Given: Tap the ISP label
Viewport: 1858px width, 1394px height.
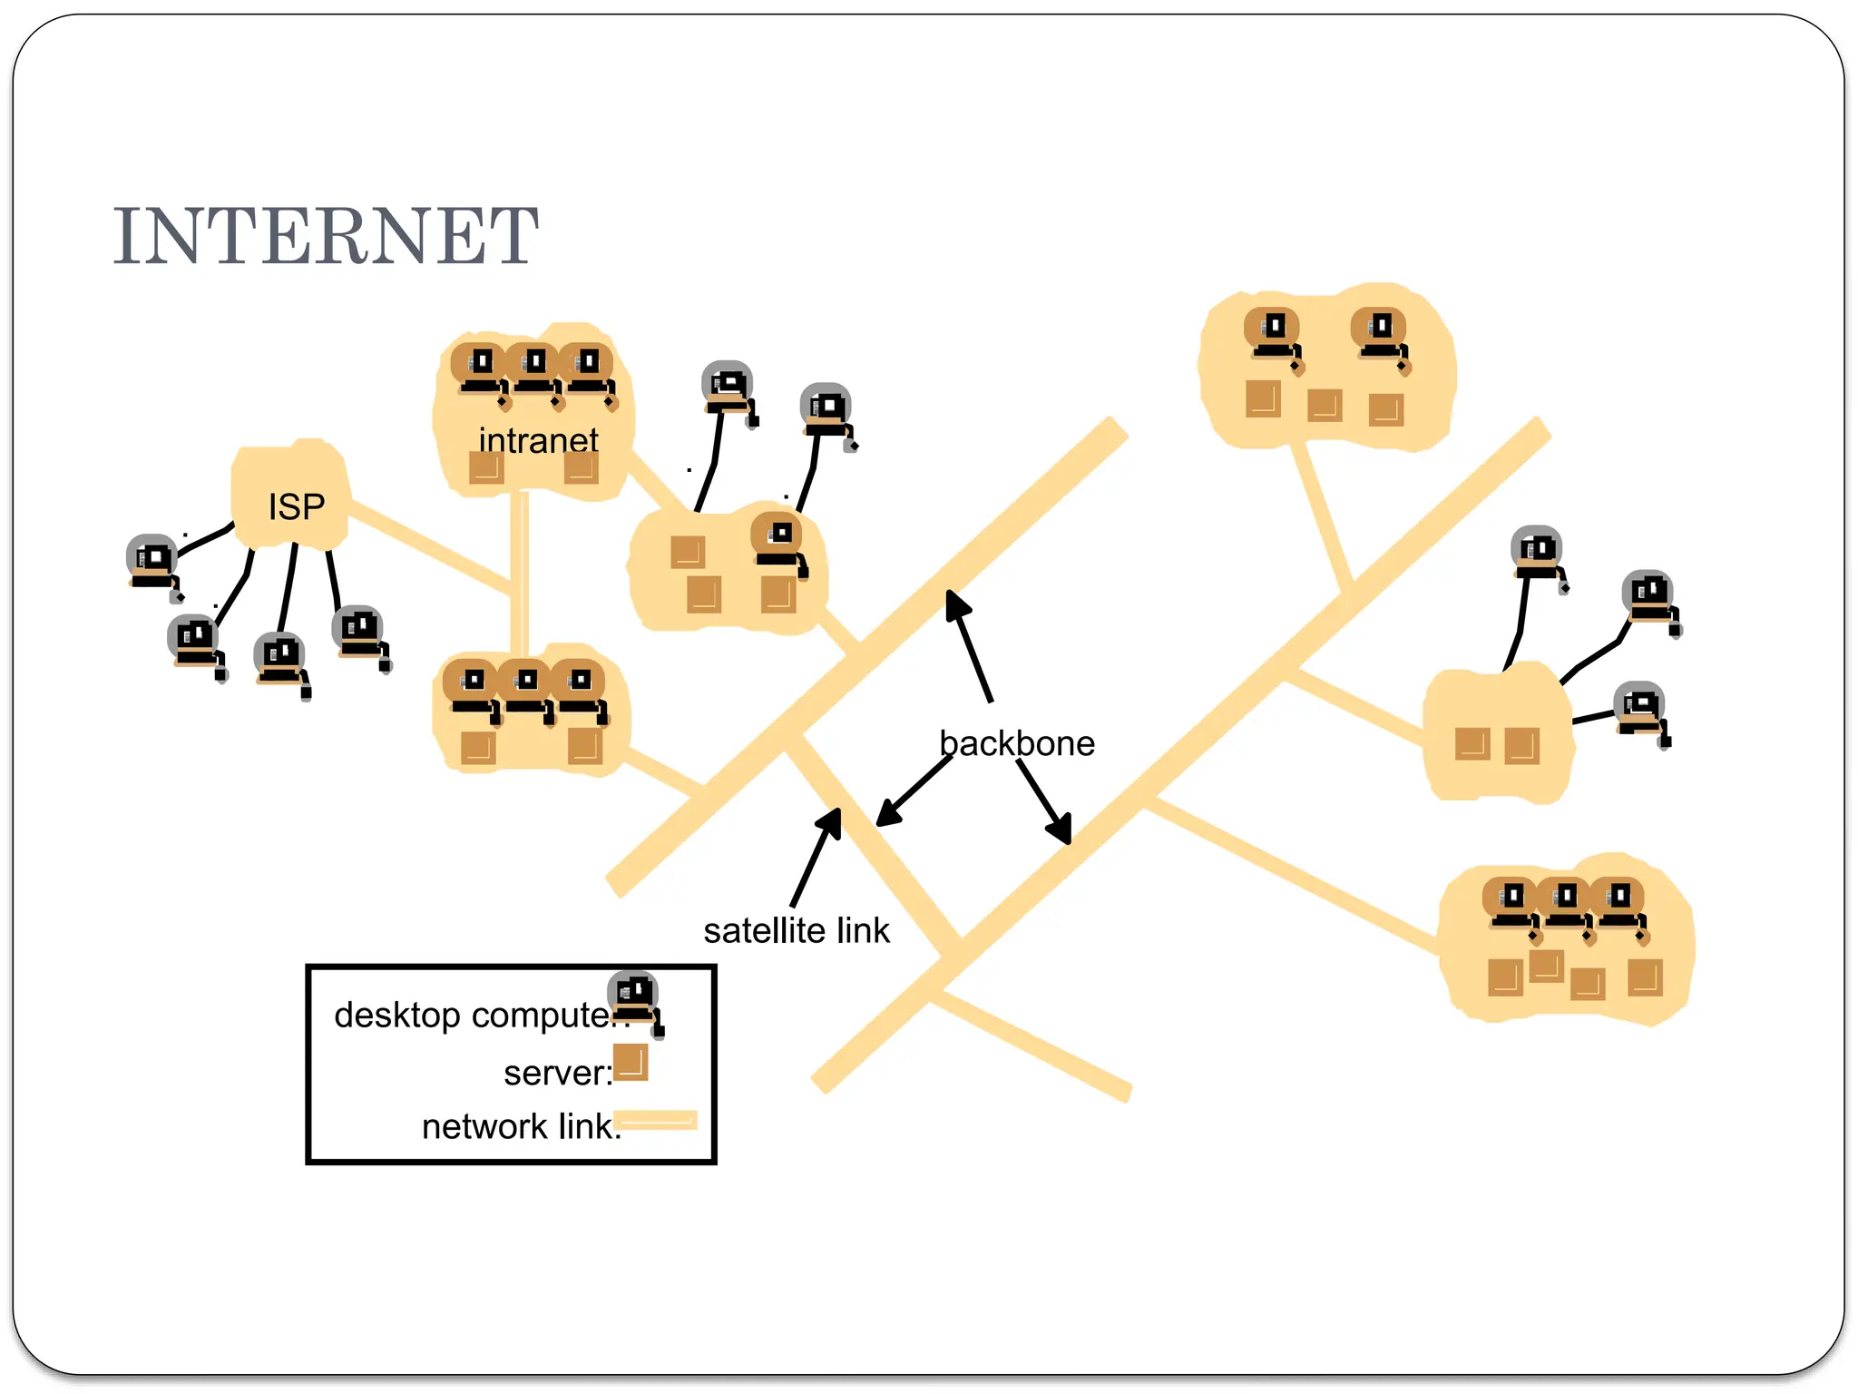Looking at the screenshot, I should click(x=296, y=506).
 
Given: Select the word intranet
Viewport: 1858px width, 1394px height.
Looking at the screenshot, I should click(x=538, y=441).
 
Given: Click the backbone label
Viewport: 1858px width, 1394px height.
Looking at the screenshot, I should click(x=1016, y=743).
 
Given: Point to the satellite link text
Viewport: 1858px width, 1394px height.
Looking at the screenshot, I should click(x=796, y=931).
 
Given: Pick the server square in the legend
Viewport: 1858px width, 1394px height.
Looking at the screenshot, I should click(x=631, y=1063).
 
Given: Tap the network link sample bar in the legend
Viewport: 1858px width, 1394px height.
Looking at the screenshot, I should click(x=655, y=1120).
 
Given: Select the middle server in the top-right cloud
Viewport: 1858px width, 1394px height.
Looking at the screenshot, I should click(x=1325, y=405).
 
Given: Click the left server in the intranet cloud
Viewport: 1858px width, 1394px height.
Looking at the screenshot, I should click(x=485, y=468).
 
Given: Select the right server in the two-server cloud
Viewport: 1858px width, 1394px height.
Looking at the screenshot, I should click(x=1521, y=746).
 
